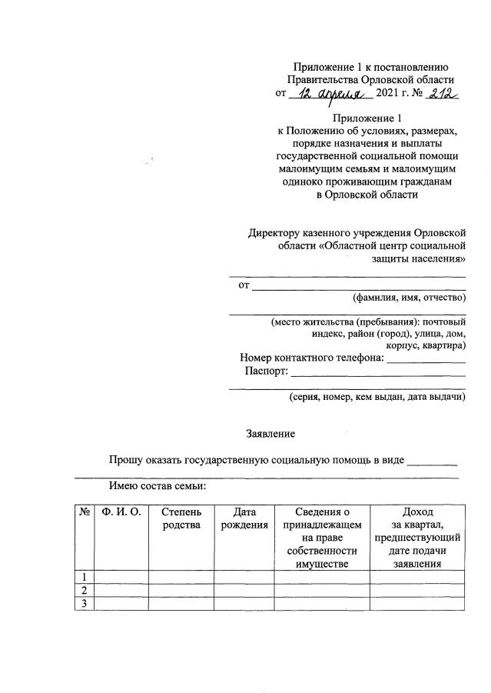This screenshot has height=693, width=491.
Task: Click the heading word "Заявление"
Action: tap(270, 435)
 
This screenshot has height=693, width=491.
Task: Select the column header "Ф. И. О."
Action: tap(121, 511)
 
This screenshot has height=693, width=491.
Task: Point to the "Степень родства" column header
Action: tap(181, 518)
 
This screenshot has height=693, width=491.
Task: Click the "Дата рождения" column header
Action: tap(244, 518)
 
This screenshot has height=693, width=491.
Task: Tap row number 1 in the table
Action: tap(83, 577)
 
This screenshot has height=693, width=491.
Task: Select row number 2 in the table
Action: tap(83, 590)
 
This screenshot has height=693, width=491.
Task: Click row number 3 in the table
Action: tap(83, 603)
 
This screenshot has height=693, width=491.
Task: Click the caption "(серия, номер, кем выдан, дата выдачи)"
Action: tap(377, 397)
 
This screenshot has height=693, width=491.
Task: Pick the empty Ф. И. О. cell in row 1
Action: tap(121, 577)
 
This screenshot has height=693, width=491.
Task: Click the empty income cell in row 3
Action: tap(416, 603)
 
